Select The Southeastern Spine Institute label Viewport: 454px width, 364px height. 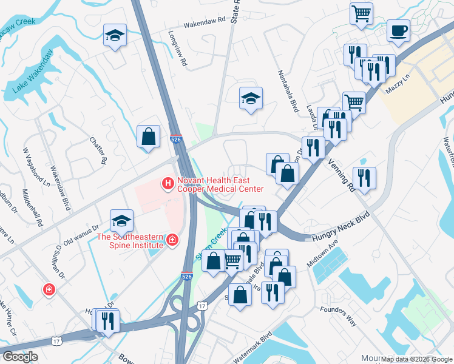tap(130, 240)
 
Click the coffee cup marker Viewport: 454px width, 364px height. tap(398, 30)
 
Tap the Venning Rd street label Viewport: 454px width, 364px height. tap(341, 172)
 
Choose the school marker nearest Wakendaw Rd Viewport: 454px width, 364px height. tap(114, 36)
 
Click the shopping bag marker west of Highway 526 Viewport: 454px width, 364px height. tap(149, 137)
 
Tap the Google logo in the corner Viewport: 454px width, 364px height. tap(21, 356)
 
